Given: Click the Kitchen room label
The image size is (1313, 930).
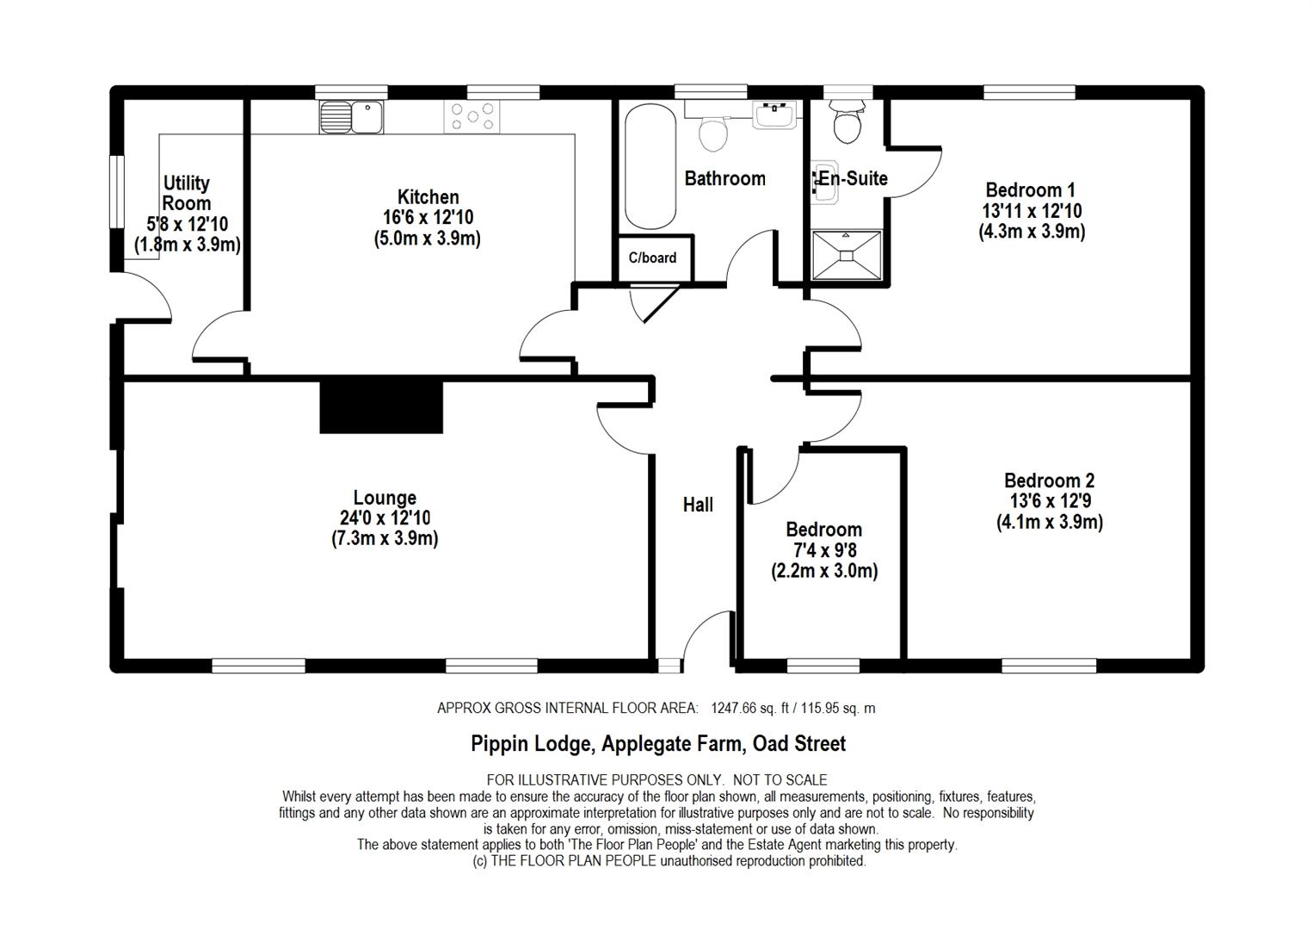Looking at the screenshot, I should click(x=428, y=197).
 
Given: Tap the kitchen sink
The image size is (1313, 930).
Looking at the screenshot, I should click(x=352, y=116).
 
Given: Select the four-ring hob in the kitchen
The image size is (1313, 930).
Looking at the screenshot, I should click(x=472, y=117).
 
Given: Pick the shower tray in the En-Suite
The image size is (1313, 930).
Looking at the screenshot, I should click(x=848, y=255).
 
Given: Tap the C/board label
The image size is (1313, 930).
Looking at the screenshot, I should click(x=652, y=257).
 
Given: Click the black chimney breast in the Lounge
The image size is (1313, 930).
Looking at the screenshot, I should click(x=381, y=406).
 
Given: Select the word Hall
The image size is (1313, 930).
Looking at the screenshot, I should click(x=698, y=505).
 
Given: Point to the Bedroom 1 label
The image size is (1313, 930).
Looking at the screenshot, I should click(x=1031, y=190).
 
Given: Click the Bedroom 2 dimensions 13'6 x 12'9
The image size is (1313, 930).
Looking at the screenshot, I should click(x=1050, y=501).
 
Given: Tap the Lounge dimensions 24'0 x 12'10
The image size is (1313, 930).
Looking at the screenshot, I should click(x=385, y=518).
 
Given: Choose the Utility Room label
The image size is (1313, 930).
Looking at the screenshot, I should click(x=187, y=194).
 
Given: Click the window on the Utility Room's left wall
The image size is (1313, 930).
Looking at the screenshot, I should click(x=116, y=191).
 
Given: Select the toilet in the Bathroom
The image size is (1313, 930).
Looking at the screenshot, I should click(x=713, y=132).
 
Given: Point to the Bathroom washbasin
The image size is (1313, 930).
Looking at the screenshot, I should click(x=775, y=114).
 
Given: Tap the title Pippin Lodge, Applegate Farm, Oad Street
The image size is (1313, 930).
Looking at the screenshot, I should click(x=658, y=743).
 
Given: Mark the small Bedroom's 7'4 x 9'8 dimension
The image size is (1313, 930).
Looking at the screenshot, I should click(x=823, y=550).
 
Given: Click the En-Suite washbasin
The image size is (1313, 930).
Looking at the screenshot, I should click(x=824, y=182).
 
